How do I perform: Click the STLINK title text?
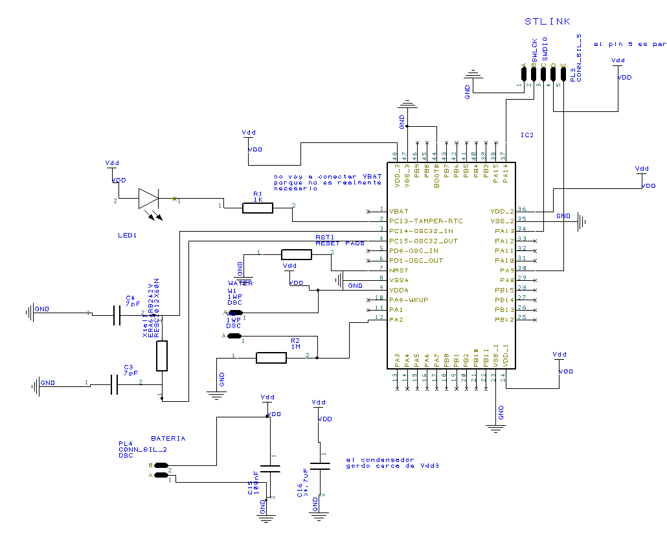(x=547, y=21)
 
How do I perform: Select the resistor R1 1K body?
(x=257, y=208)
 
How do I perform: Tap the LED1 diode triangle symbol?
(x=148, y=199)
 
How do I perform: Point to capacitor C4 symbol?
(x=117, y=315)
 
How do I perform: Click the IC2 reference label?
(x=526, y=135)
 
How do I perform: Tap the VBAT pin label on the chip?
(x=399, y=212)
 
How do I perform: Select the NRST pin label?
(x=398, y=270)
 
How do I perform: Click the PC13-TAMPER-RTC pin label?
(x=425, y=221)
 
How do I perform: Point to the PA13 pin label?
(x=504, y=231)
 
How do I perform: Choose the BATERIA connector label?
(x=168, y=439)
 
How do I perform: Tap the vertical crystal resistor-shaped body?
(x=162, y=356)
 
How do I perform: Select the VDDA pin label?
(x=399, y=291)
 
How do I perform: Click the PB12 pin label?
(x=504, y=320)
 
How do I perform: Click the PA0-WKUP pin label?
(x=409, y=300)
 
